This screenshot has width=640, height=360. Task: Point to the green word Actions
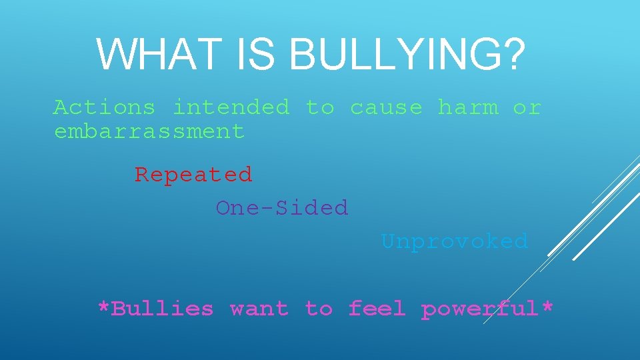pos(104,107)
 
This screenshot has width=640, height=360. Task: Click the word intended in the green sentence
pos(231,107)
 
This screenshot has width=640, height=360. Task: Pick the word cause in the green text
pos(386,107)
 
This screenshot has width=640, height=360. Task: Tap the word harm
pos(467,107)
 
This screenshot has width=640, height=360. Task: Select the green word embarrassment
pos(149,131)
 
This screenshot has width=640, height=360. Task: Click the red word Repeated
pos(193,175)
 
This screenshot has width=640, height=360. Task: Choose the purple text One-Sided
pos(282,208)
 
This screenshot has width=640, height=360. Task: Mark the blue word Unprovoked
pos(454,241)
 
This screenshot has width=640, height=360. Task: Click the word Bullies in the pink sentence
pos(162,309)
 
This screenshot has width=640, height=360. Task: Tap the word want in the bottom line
pos(259,309)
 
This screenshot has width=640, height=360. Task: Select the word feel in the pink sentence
pos(377,309)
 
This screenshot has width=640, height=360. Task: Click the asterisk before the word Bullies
pos(103,308)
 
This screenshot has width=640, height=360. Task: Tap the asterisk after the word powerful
pos(547,308)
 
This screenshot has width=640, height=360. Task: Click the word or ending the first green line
pos(527,107)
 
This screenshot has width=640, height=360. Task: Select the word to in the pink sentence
pos(319,309)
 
